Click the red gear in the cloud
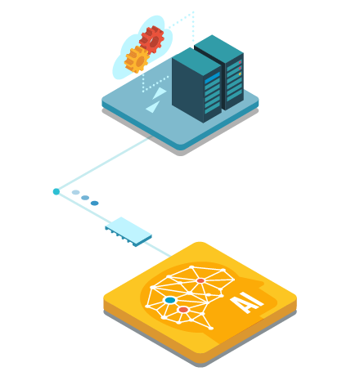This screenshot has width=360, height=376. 151,39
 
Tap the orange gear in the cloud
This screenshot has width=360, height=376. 137,60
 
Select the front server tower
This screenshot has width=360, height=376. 197,85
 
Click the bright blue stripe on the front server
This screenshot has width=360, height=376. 212,78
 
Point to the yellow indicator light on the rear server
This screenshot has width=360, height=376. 240,74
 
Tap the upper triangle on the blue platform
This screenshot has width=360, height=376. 160,93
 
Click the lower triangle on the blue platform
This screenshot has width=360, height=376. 153,107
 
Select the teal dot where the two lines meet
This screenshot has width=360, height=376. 56,191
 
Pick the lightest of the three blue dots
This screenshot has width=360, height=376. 75,192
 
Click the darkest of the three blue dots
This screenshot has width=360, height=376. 95,204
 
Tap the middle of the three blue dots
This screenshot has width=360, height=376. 85,198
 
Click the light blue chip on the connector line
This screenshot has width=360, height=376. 128,231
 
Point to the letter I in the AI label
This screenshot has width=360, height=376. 255,299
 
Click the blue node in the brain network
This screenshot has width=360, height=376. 170,300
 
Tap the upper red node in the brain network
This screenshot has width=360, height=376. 200,280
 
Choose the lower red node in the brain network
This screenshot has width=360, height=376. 183,310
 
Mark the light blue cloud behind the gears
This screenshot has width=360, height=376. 142,47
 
